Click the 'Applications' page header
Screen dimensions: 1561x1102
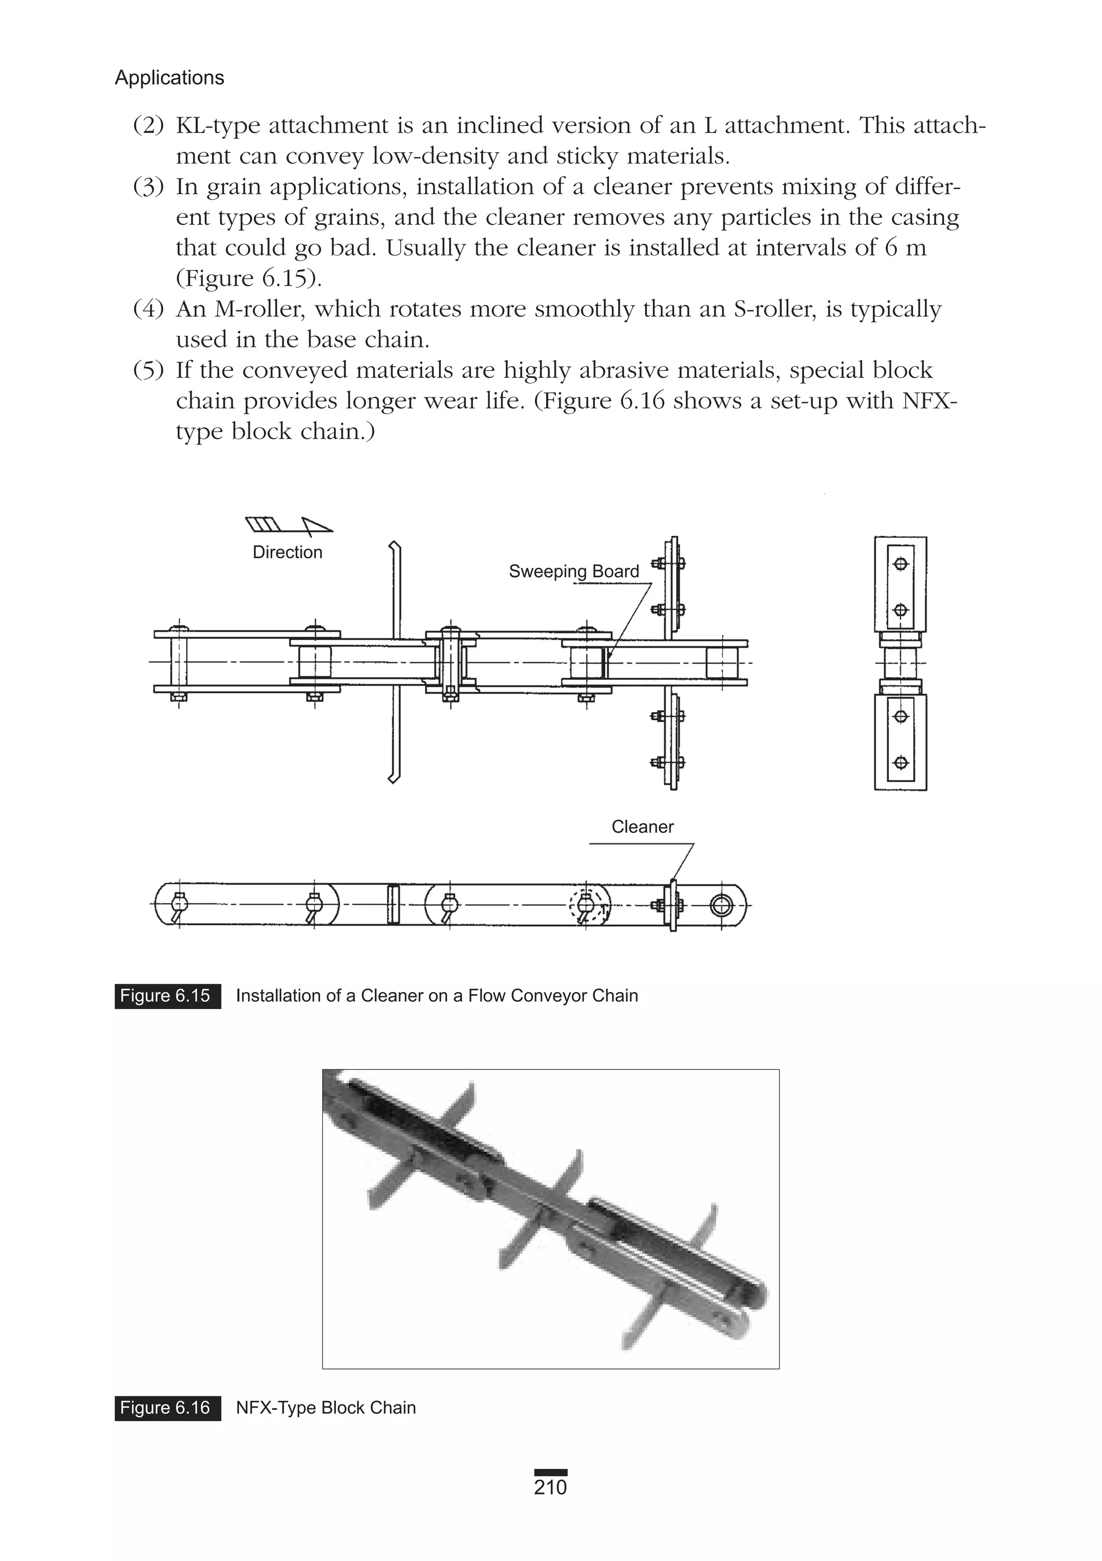169,78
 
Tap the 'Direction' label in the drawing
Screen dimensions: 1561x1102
287,552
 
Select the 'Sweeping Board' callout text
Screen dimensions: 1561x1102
574,571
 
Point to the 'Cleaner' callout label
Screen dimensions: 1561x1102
642,827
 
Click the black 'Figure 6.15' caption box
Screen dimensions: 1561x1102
167,996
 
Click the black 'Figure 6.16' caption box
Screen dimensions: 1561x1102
167,1407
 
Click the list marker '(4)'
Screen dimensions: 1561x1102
149,309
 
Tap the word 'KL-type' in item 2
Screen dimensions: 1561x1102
216,126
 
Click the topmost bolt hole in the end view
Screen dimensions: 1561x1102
901,564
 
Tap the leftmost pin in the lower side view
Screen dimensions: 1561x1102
179,904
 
